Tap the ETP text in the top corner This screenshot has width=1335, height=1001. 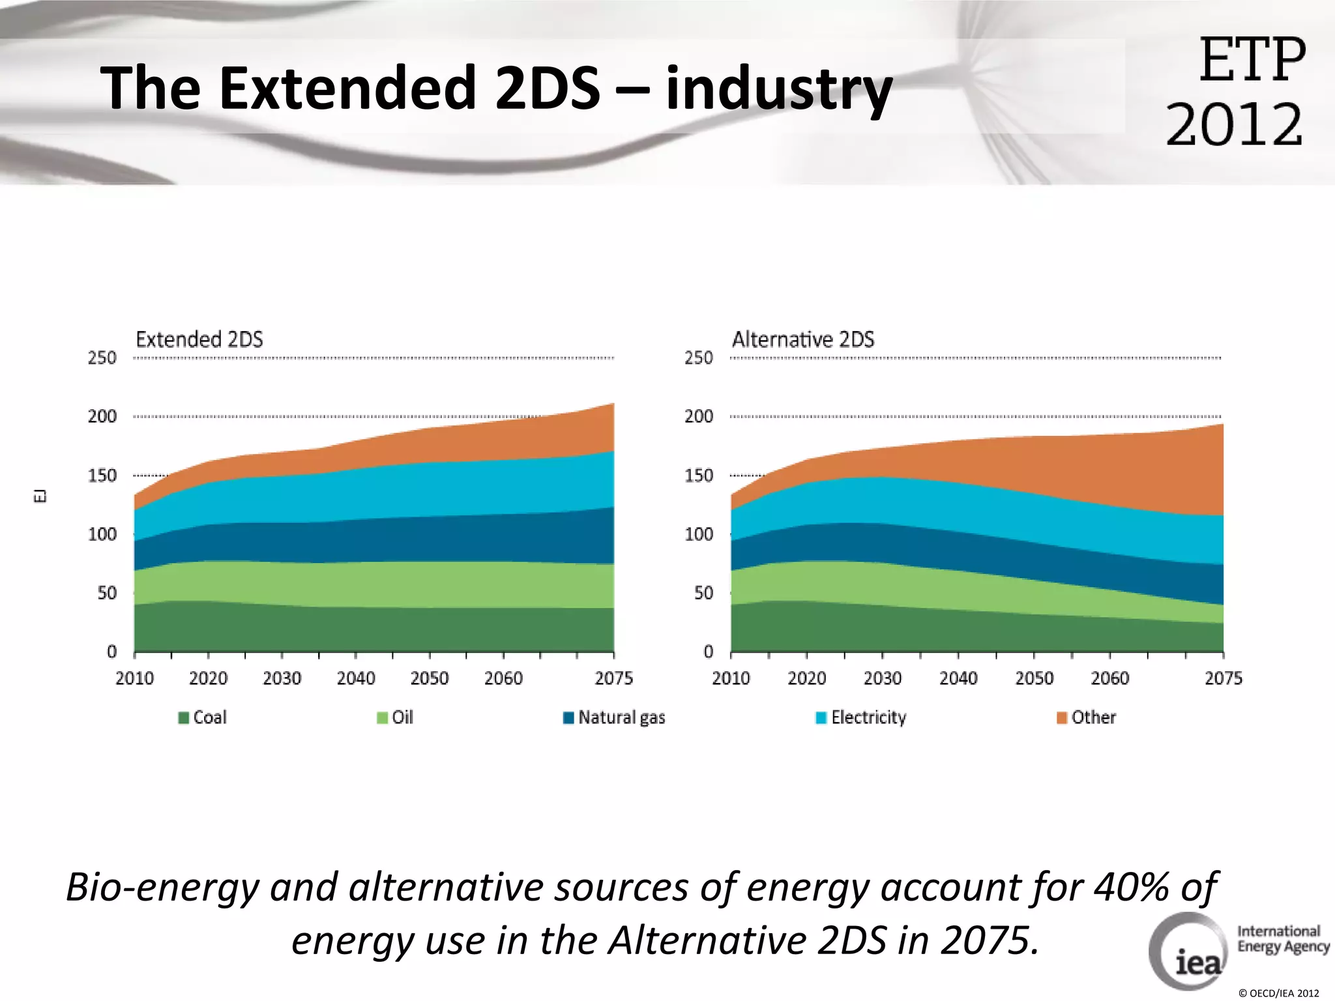point(1252,60)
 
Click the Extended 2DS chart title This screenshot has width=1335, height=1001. point(199,340)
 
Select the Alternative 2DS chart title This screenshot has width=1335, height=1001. point(802,340)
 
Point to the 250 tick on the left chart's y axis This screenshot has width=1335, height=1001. point(102,358)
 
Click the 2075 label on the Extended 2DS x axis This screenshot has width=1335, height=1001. point(613,678)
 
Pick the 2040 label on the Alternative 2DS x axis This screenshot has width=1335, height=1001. point(958,678)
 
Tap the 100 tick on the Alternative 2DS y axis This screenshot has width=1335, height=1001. point(698,534)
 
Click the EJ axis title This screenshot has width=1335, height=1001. point(40,496)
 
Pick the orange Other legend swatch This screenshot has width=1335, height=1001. point(1061,718)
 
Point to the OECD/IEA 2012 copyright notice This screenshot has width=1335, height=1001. point(1278,993)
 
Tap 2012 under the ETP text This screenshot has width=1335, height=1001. point(1234,124)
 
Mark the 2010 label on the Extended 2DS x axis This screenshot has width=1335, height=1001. point(134,678)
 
